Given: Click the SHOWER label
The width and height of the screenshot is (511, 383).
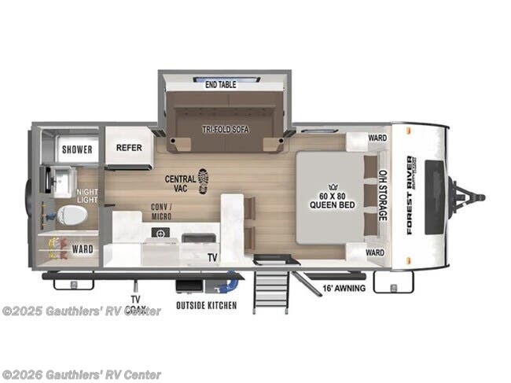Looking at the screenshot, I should click(x=77, y=149).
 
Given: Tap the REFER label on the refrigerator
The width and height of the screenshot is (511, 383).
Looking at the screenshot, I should click(x=129, y=147).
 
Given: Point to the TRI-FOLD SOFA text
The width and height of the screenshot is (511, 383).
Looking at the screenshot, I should click(x=226, y=129).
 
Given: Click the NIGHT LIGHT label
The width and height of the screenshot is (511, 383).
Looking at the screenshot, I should click(x=86, y=195).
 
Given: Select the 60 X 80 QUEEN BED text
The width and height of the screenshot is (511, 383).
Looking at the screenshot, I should click(x=324, y=201).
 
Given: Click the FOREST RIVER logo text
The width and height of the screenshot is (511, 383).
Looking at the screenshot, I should click(x=405, y=193).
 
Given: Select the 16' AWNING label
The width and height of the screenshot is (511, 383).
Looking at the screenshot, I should click(x=341, y=289).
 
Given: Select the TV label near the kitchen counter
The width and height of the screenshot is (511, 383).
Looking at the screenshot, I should click(x=211, y=257).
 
